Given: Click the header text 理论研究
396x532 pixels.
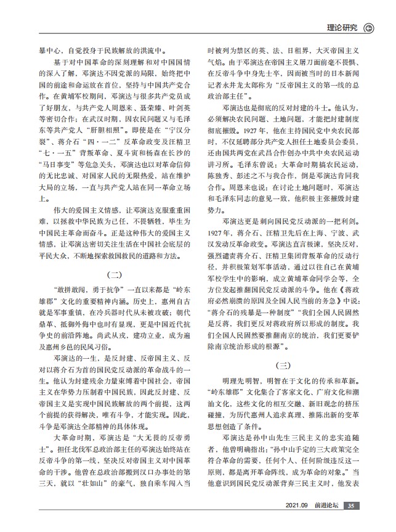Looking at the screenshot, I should (342, 28).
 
